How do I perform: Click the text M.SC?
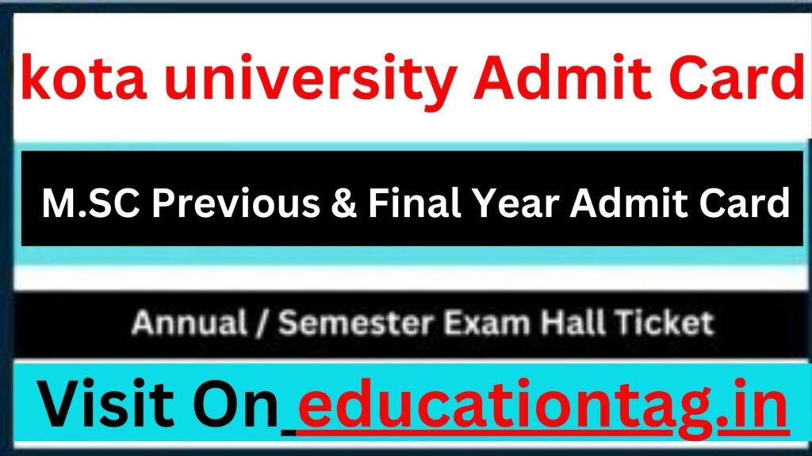[90, 203]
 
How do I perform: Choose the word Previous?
[236, 203]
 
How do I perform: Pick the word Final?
[414, 202]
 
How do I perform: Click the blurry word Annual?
[189, 323]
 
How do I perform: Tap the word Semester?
[356, 323]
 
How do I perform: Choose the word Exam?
[487, 323]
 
